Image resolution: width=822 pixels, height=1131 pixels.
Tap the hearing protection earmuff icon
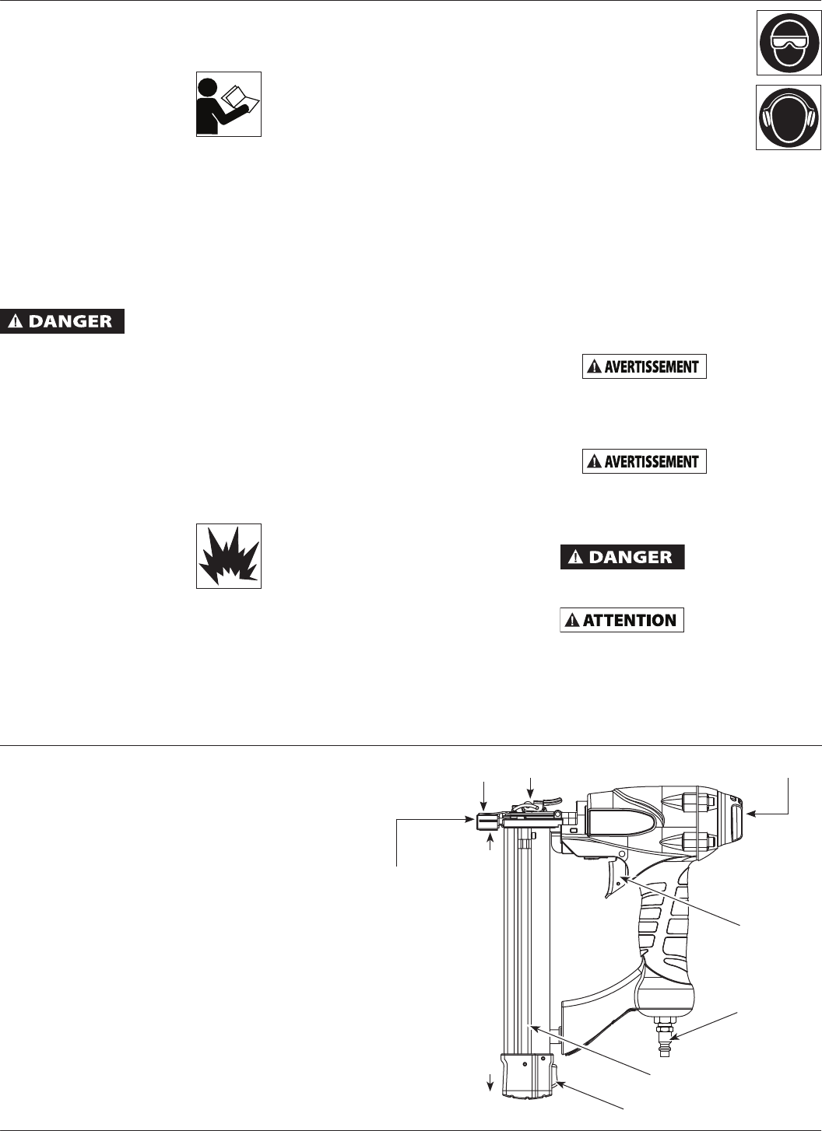tap(789, 117)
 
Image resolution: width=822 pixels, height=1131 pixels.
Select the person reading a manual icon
tap(228, 104)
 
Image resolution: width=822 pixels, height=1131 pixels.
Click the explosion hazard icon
tap(228, 555)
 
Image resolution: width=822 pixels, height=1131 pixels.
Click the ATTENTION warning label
tap(622, 620)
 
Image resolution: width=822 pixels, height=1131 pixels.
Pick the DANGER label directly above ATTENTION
tap(623, 557)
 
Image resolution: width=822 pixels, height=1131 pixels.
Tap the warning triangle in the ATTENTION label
tap(573, 621)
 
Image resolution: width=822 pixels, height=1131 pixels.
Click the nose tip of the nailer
tap(484, 821)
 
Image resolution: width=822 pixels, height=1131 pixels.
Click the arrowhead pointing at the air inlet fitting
tap(674, 1035)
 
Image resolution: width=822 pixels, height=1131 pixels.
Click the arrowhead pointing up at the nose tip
tap(490, 836)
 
